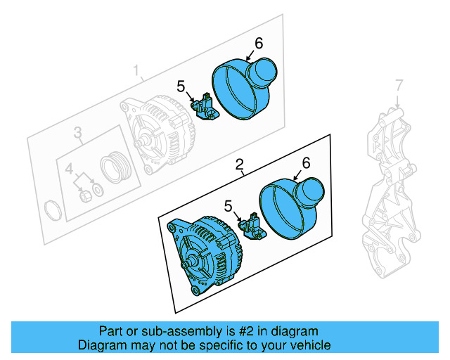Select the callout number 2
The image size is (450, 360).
coord(240,165)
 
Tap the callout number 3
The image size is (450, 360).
coord(78,131)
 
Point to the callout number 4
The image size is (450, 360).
coord(70,169)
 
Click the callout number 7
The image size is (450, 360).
coord(399,86)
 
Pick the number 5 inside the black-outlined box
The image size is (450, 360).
coord(228,205)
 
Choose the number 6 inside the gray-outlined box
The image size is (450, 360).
coord(258,43)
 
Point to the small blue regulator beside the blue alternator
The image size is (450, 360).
coord(252,227)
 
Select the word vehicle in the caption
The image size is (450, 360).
coord(308,345)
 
